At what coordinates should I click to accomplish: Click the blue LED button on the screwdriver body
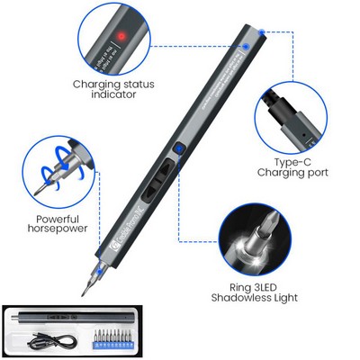tap(179, 151)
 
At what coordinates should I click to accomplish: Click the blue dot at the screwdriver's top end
tap(261, 31)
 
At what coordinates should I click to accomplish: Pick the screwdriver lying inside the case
tap(73, 318)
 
